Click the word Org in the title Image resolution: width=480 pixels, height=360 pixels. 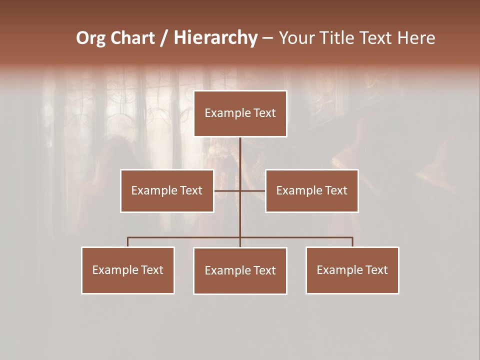[x=90, y=38]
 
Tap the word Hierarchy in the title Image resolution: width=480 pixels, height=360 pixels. [x=215, y=38]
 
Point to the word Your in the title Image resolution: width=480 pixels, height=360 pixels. [x=296, y=38]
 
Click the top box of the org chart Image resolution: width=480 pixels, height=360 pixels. [x=240, y=113]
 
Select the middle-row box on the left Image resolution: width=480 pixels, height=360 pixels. [x=167, y=190]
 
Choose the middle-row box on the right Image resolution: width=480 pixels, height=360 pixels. [x=311, y=190]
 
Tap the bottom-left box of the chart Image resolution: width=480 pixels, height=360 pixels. [x=128, y=270]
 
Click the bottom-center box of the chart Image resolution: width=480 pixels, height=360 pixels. [x=240, y=270]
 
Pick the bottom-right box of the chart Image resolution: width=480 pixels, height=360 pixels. [x=352, y=270]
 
